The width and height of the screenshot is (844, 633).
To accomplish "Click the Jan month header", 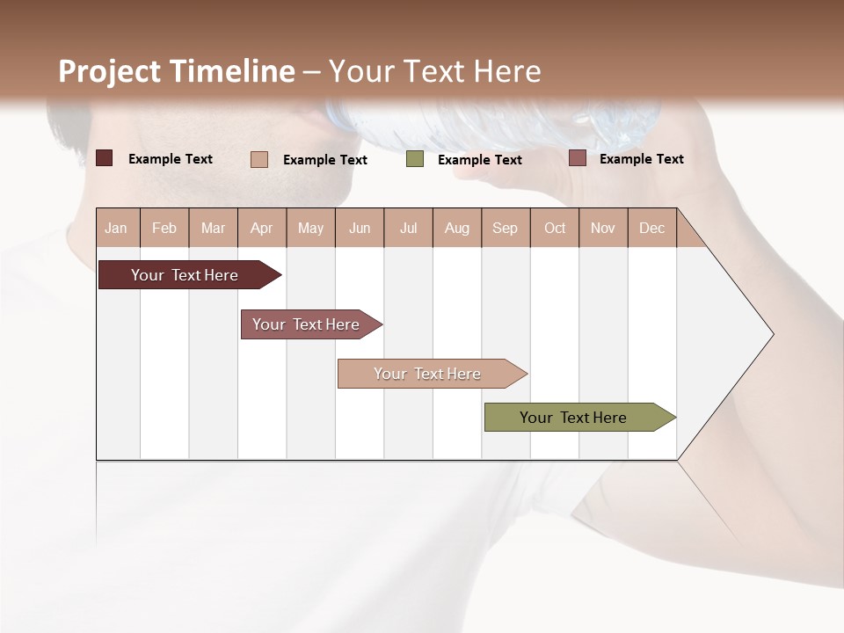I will (x=117, y=228).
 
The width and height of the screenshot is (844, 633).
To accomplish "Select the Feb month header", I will (x=164, y=228).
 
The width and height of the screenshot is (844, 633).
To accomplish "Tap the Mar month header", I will (x=213, y=228).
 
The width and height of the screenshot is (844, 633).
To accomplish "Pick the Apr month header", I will (x=262, y=228).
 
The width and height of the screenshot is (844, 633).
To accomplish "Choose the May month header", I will (x=310, y=228).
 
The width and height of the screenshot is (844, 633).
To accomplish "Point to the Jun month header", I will (x=360, y=228).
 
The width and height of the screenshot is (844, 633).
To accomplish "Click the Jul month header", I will (x=408, y=228).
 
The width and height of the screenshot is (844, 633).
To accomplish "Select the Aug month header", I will (x=457, y=228).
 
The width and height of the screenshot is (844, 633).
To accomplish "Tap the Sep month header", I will (x=506, y=228).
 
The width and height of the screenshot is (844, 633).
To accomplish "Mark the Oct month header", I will (x=555, y=228).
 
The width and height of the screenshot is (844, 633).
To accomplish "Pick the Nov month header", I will (x=603, y=228).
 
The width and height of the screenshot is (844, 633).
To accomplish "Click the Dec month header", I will (x=651, y=228).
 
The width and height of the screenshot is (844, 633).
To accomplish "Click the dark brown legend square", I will (x=104, y=158).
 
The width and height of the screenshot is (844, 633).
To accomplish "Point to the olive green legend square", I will (x=415, y=159).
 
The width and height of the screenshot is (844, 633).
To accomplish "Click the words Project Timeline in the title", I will (x=177, y=71).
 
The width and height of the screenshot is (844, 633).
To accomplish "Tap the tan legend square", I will (x=259, y=159).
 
